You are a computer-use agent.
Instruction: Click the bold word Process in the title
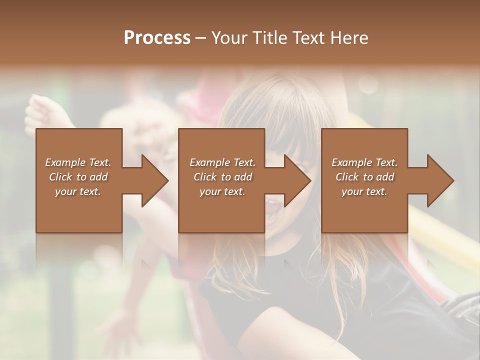[x=157, y=38]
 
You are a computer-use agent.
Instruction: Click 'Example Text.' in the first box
[x=78, y=162]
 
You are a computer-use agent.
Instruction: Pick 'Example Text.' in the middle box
[x=222, y=162]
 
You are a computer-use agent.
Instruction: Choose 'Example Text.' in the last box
[x=364, y=162]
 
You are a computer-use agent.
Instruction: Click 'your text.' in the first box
[x=78, y=191]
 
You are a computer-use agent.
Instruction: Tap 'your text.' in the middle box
[x=222, y=191]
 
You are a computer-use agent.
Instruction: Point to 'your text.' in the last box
[x=364, y=191]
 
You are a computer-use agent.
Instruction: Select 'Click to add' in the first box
[x=78, y=177]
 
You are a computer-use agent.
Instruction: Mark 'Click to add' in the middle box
[x=222, y=177]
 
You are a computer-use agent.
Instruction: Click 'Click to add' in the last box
[x=364, y=177]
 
